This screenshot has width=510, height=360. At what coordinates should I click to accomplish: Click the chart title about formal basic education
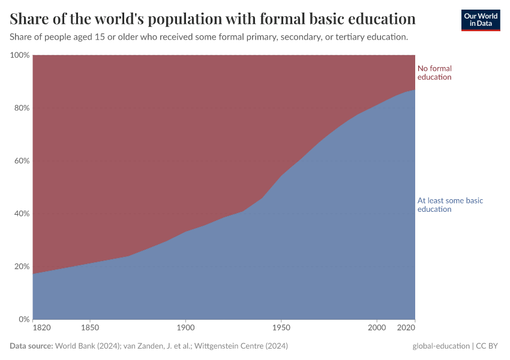[213, 19]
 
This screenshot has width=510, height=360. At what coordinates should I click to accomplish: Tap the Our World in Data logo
[481, 20]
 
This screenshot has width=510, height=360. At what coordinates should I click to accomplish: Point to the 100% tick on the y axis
[20, 55]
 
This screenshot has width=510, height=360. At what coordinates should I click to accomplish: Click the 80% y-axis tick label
[22, 108]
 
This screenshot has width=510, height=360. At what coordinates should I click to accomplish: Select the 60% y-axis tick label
[22, 161]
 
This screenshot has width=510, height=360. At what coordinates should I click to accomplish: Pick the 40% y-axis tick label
[22, 214]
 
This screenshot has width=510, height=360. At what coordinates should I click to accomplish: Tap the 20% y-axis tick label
[22, 266]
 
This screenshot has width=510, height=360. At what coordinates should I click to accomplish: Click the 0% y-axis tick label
[24, 319]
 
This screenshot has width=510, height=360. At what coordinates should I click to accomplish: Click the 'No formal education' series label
[434, 73]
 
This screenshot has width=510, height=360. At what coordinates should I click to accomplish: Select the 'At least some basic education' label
[450, 205]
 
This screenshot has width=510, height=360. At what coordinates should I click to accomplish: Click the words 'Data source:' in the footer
[31, 346]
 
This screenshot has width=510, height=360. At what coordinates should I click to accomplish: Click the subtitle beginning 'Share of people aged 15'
[209, 37]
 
